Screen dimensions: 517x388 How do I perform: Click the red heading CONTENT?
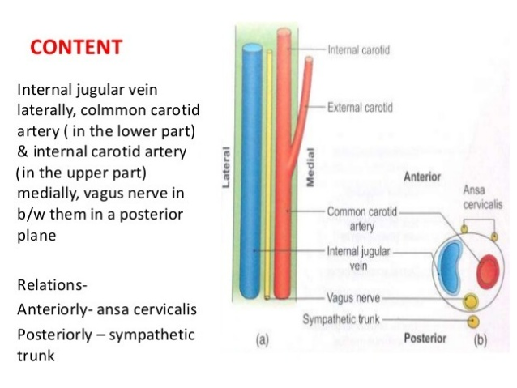tap(76, 47)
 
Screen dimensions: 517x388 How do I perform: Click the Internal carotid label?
tap(359, 50)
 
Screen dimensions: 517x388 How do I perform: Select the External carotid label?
tap(360, 108)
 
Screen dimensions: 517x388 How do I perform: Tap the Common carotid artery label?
tap(362, 219)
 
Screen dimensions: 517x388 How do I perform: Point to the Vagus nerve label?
tap(353, 298)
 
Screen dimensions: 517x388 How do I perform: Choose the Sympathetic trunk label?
tap(341, 319)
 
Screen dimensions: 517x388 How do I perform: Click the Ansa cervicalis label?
tap(483, 197)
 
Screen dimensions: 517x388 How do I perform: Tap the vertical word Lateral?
tap(226, 168)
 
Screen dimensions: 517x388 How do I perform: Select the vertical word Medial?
tap(310, 168)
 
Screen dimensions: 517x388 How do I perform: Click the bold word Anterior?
tap(422, 177)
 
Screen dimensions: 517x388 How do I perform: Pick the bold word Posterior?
tap(425, 339)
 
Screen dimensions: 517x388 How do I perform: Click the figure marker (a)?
tap(263, 340)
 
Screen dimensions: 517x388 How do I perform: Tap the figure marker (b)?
tap(481, 340)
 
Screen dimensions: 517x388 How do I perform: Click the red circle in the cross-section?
tap(488, 271)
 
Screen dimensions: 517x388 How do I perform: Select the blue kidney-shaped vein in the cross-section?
tap(450, 267)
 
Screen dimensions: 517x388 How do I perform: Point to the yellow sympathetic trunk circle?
tap(473, 322)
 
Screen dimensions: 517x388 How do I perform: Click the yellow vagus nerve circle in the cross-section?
tap(471, 301)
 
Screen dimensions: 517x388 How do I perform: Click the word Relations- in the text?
tap(52, 285)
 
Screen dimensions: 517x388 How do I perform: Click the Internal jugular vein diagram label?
tap(358, 258)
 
